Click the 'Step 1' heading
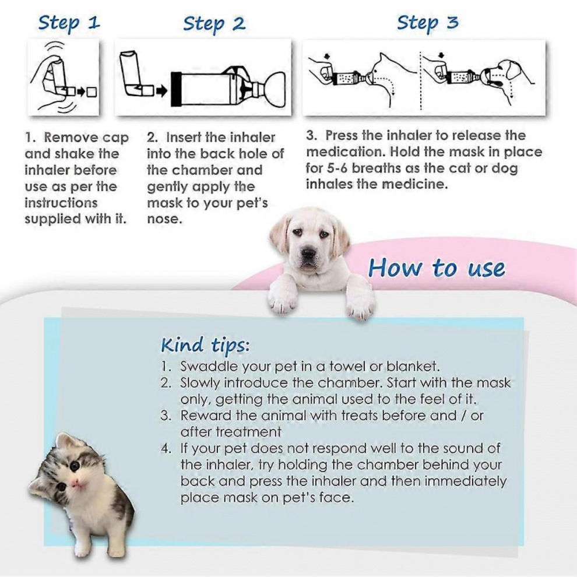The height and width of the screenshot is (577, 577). point(69,23)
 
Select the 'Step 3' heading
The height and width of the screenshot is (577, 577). point(428,23)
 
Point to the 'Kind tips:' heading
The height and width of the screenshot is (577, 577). point(205,346)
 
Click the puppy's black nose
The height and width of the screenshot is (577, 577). point(308,253)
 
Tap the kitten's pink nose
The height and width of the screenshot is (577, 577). point(76,482)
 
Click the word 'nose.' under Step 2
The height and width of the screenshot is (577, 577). point(164,219)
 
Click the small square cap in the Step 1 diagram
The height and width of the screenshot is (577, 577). point(92,92)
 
